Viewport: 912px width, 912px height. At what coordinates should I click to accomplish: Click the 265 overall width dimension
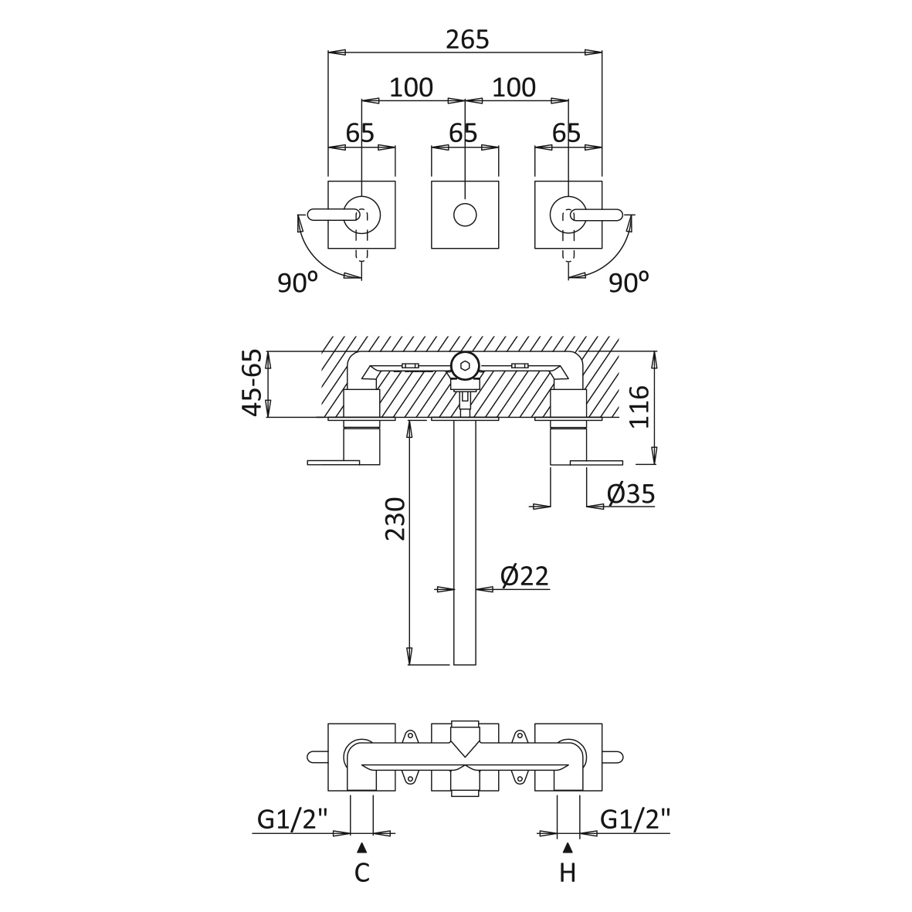468,39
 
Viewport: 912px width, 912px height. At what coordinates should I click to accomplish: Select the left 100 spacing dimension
412,88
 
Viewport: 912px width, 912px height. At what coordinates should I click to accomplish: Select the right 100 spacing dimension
514,88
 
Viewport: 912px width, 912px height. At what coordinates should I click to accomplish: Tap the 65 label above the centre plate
463,133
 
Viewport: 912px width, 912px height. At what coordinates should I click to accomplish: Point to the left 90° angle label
298,283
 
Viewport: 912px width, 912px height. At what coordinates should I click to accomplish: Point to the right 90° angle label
629,283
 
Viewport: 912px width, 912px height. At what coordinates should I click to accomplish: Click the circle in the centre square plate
465,215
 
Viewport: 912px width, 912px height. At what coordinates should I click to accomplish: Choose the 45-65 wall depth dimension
253,383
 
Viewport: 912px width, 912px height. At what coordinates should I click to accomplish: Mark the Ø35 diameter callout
631,494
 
